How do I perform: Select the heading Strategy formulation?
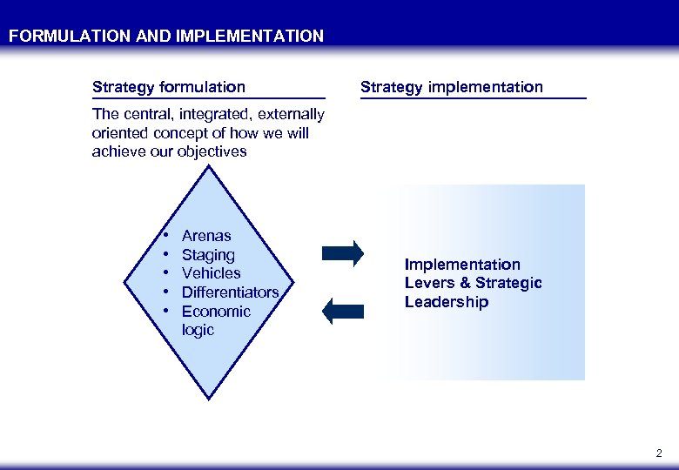coord(169,87)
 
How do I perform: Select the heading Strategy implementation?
coord(451,87)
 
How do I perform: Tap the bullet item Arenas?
coord(206,236)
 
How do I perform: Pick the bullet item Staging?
coord(208,255)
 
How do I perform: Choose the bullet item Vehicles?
coord(211,273)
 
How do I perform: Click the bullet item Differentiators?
coord(230,292)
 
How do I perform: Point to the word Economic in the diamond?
coord(216,312)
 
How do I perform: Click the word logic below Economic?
coord(198,331)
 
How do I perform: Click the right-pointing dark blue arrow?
coord(342,253)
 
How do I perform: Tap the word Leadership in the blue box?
coord(447,303)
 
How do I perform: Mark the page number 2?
coord(658,453)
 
